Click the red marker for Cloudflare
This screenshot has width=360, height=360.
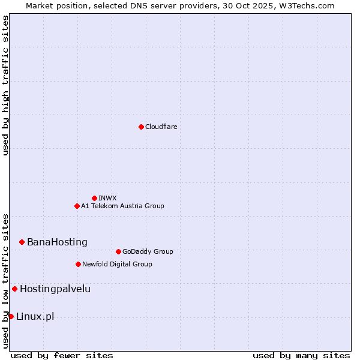(141, 127)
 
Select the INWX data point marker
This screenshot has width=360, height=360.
(94, 198)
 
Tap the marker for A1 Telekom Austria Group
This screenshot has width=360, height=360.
(77, 206)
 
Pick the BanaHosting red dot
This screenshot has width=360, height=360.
(22, 242)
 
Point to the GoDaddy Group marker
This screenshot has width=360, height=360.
(118, 251)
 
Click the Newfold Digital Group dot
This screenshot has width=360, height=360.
(78, 264)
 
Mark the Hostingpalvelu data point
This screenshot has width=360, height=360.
(14, 289)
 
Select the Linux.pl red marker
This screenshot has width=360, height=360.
(11, 316)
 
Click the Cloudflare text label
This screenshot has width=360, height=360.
(161, 127)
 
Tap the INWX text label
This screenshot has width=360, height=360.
(107, 198)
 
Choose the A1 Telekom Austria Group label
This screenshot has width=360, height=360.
(122, 206)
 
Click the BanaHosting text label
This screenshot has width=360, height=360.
(57, 242)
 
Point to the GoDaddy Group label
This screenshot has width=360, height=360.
(148, 251)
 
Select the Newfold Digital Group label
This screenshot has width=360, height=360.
(117, 264)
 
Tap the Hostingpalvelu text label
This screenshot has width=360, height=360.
(55, 289)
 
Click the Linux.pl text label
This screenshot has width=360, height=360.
(35, 316)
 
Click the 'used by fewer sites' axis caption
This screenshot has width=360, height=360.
(62, 355)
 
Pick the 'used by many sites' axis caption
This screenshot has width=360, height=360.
(301, 355)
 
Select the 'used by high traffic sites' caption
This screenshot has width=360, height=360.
(5, 85)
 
